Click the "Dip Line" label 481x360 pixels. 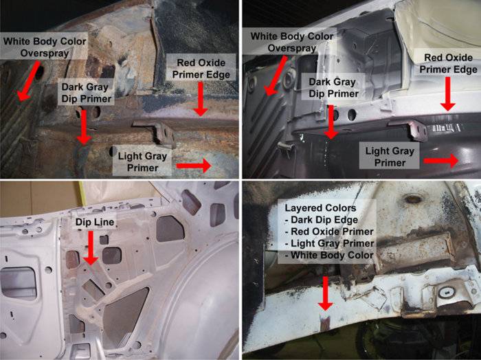click(95, 222)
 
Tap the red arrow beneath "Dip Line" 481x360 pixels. click(91, 248)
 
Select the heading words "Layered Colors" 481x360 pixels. click(320, 208)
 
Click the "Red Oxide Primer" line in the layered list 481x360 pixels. click(329, 232)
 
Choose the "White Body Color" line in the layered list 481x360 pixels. click(329, 255)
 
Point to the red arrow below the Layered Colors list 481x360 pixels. click(326, 293)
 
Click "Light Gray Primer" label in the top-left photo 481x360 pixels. click(142, 162)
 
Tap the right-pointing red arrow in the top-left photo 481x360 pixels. click(194, 166)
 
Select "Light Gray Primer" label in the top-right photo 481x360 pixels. click(390, 157)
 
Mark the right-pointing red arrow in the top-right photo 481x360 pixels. click(441, 161)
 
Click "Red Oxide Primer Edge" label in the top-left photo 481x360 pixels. click(201, 69)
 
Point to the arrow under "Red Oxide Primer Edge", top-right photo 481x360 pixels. click(448, 94)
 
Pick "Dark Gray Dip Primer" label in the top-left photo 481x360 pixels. click(86, 93)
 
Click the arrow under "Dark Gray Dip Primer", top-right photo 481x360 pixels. click(331, 122)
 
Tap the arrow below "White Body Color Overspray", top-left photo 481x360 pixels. click(29, 80)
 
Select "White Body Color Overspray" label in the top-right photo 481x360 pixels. click(292, 42)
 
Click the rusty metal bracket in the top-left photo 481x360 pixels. click(155, 132)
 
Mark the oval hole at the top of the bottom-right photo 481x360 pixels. click(412, 199)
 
